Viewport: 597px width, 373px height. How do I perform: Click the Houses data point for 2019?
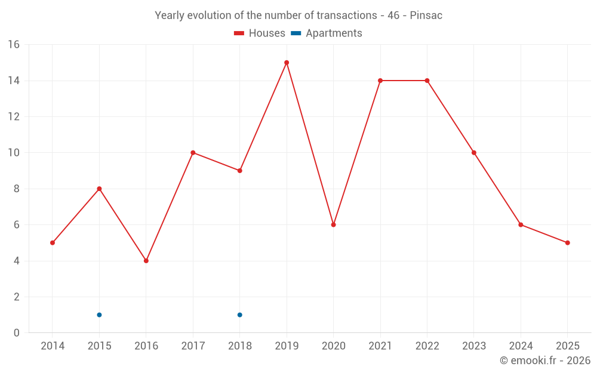click(287, 63)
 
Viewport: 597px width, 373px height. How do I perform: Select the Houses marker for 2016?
click(146, 261)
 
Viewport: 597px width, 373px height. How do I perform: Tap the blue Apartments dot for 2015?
click(99, 315)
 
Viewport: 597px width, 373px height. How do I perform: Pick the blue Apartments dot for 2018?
click(239, 315)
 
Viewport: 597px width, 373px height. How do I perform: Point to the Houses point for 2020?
click(333, 225)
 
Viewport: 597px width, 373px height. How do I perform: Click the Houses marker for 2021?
click(380, 81)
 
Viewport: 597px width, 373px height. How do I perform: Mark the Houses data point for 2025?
click(567, 243)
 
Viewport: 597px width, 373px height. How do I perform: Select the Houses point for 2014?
click(53, 243)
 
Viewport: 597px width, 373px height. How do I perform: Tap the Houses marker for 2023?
click(474, 153)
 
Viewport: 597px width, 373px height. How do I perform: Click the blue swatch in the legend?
click(295, 33)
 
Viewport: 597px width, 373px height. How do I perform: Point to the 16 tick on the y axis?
click(14, 45)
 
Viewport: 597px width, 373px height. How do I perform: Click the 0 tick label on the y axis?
click(17, 333)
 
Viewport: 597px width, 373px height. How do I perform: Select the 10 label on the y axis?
click(14, 153)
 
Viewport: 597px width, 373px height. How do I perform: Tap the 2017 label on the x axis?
click(193, 346)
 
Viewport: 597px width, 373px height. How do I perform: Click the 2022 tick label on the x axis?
click(427, 346)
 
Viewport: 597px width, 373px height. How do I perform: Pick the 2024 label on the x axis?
click(521, 346)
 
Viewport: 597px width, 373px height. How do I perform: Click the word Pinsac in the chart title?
click(426, 16)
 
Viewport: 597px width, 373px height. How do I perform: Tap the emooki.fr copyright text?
click(544, 360)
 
